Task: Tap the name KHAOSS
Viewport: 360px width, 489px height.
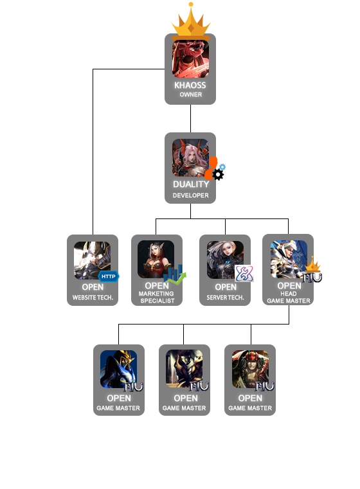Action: (x=190, y=85)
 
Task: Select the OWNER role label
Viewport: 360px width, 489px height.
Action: (x=190, y=94)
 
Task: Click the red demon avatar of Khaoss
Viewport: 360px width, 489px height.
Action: (x=190, y=59)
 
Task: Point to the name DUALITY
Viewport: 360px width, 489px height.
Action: (x=191, y=184)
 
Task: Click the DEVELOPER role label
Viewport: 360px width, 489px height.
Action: (x=190, y=195)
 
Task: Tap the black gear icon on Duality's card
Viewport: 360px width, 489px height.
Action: (x=218, y=175)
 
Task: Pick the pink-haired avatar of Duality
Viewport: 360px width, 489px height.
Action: (x=190, y=158)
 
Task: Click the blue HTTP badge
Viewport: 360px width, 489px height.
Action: (x=109, y=276)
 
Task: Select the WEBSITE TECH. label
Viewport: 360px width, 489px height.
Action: (x=93, y=298)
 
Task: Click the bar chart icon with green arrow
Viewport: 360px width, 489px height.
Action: (x=175, y=275)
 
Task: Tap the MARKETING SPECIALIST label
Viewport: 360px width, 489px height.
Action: (x=157, y=298)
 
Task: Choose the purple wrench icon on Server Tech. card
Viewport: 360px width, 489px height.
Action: (x=244, y=274)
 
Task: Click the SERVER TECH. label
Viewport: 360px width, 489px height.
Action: (x=225, y=298)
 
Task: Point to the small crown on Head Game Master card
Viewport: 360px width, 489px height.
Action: (x=312, y=265)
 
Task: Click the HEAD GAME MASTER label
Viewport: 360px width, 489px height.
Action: (x=289, y=298)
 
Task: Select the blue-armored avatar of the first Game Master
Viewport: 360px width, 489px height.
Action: (x=118, y=369)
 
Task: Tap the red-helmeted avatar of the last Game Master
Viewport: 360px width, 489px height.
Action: (x=250, y=369)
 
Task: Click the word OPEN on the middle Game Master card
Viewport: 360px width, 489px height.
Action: (x=186, y=398)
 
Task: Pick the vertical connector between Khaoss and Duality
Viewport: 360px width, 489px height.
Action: (x=190, y=118)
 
